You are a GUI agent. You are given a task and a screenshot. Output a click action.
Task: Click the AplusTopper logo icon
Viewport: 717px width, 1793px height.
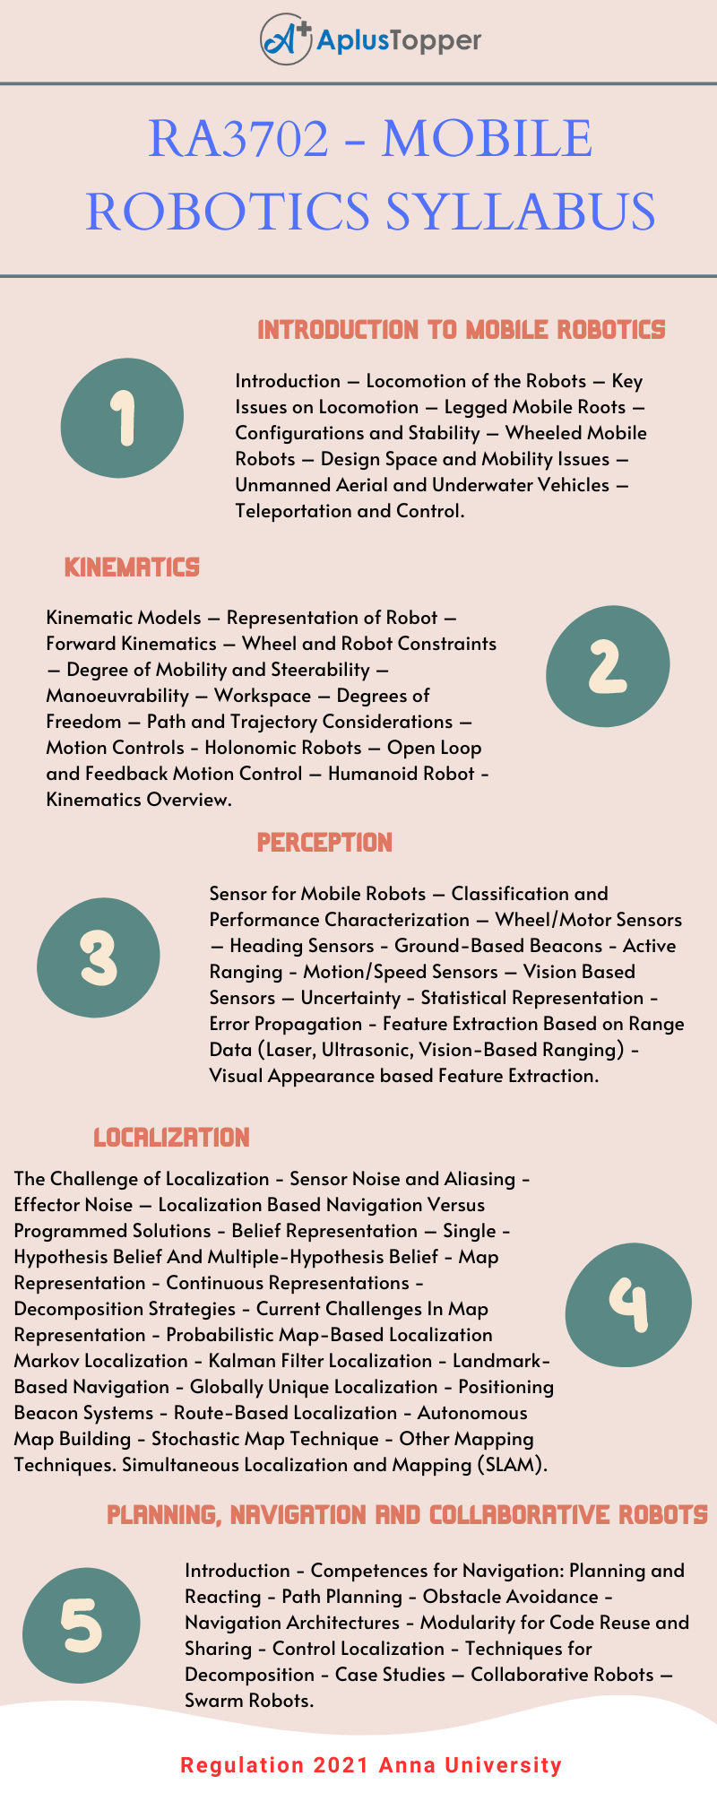pos(285,39)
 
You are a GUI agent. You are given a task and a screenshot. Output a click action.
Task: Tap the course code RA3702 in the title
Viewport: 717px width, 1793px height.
pos(238,139)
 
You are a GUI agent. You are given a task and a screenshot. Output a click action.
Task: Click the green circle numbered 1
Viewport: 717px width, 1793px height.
pos(123,417)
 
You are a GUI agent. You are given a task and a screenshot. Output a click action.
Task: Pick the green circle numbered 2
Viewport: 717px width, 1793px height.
pos(608,665)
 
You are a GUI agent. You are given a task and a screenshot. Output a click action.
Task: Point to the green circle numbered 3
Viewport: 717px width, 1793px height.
pos(99,957)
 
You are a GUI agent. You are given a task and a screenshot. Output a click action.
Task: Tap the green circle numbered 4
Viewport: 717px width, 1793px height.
pos(628,1304)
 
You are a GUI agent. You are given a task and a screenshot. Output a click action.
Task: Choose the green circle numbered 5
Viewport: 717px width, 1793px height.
pos(82,1626)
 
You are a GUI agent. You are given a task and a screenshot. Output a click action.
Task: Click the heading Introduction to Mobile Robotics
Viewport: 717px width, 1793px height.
pos(461,330)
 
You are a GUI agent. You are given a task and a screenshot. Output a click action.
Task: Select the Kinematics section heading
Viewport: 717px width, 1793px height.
pos(132,567)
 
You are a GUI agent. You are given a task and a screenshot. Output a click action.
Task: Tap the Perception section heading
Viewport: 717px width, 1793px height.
pos(324,843)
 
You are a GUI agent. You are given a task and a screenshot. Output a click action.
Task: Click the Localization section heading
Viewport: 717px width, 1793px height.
pos(171,1138)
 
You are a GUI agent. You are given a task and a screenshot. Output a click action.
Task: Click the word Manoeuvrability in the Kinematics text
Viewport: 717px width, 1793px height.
pos(117,696)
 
